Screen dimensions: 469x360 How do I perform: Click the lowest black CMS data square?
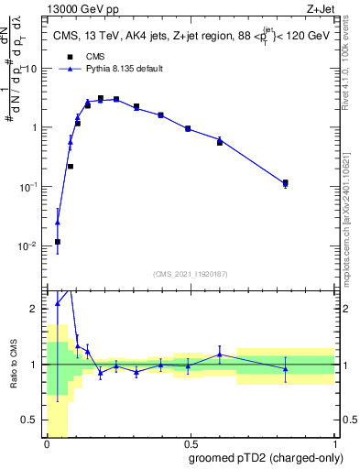[x=58, y=242]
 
